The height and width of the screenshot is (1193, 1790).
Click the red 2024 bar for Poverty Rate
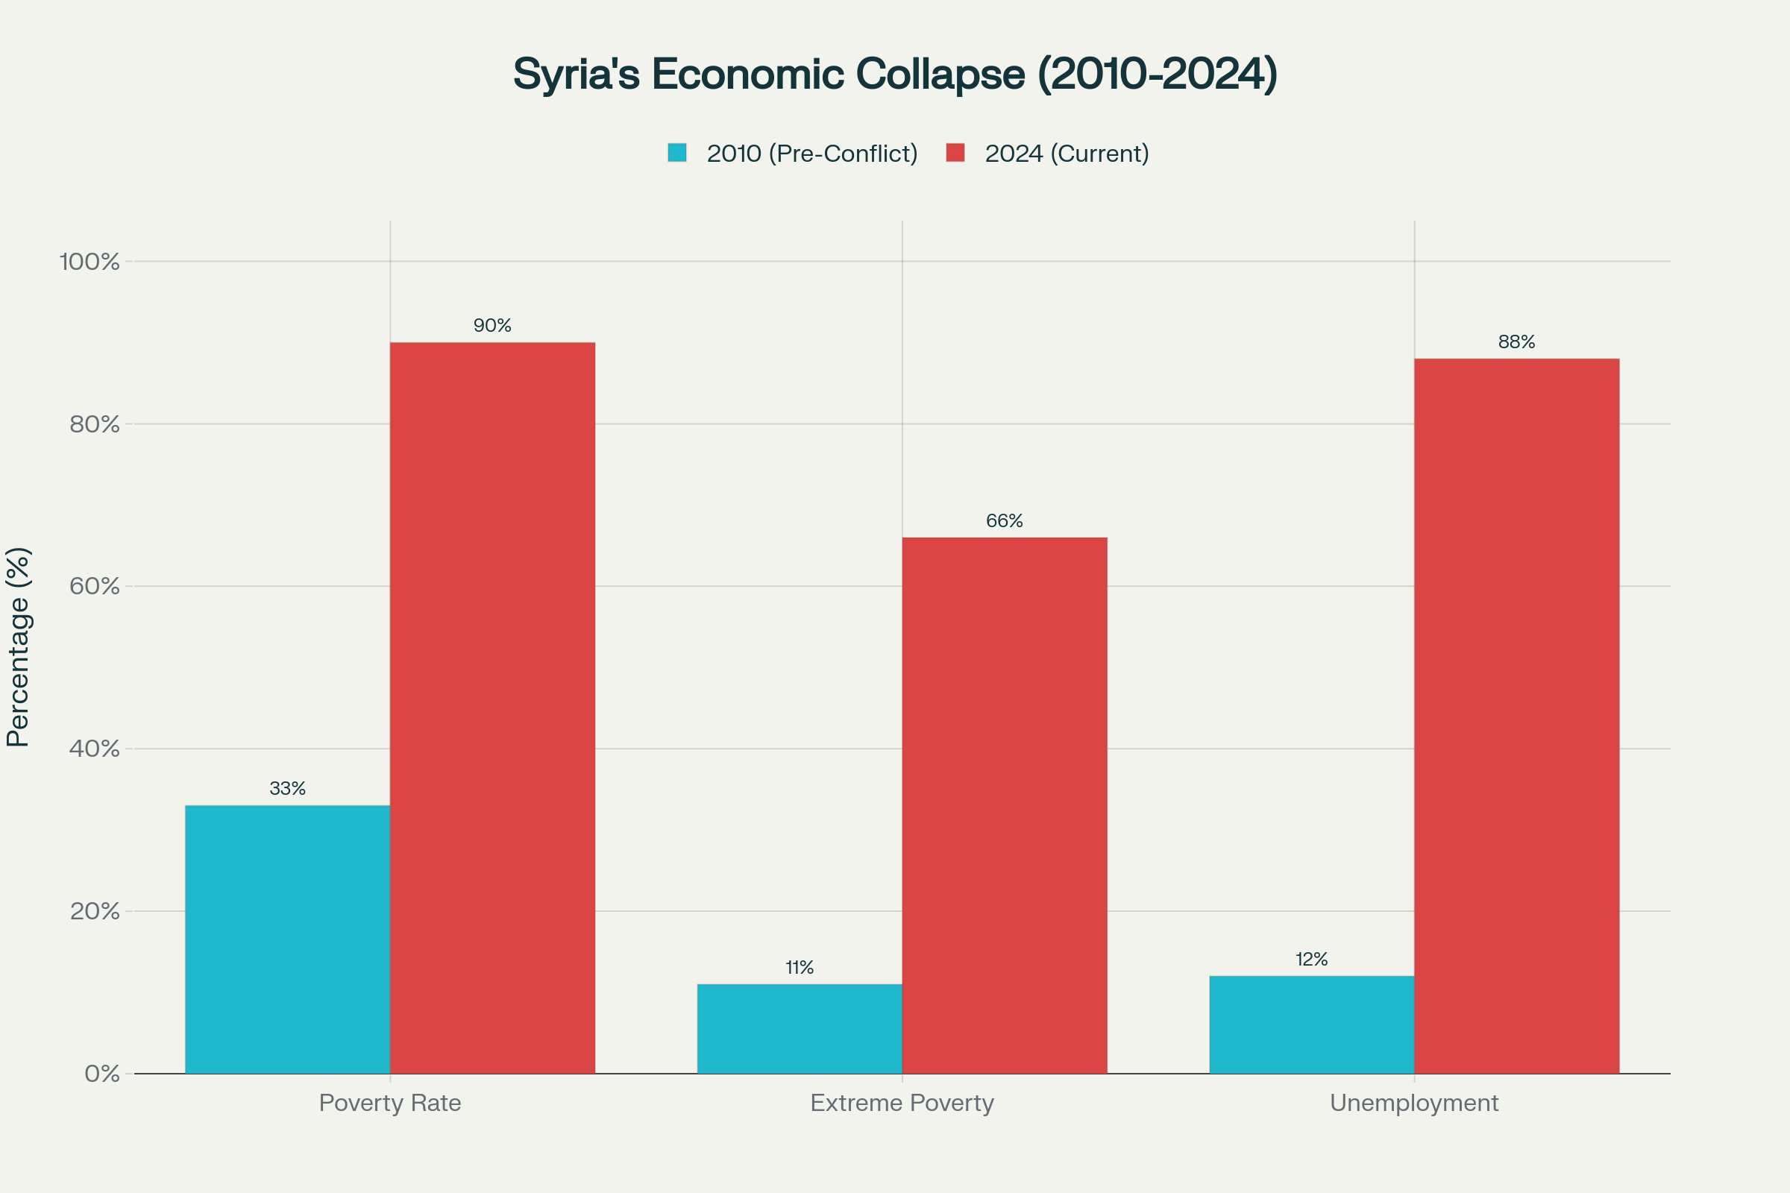(x=492, y=708)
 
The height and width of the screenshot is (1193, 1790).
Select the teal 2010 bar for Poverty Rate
(x=288, y=939)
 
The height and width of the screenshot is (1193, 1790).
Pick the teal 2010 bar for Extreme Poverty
(x=799, y=1029)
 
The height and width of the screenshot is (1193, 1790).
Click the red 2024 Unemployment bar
(x=1517, y=715)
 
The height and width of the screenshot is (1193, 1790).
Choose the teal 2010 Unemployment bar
(x=1311, y=1024)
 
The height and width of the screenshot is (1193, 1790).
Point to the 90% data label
(x=492, y=326)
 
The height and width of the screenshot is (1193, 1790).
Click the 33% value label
(x=288, y=789)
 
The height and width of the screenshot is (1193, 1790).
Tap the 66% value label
(x=1005, y=521)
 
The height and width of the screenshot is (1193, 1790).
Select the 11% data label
(x=799, y=968)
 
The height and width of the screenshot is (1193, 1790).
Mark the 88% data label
(x=1517, y=342)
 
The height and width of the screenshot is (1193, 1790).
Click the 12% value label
(x=1311, y=960)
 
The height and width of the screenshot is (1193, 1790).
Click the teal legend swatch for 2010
(x=676, y=153)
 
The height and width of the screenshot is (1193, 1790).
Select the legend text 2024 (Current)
(x=1067, y=154)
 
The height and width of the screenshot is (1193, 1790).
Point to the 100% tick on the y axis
(x=89, y=262)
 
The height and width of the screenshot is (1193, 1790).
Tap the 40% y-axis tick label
(x=95, y=749)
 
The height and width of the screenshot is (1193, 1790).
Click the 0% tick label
(x=102, y=1074)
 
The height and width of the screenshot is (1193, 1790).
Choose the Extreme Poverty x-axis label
(x=902, y=1103)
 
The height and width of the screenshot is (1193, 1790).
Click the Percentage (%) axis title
(x=18, y=646)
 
